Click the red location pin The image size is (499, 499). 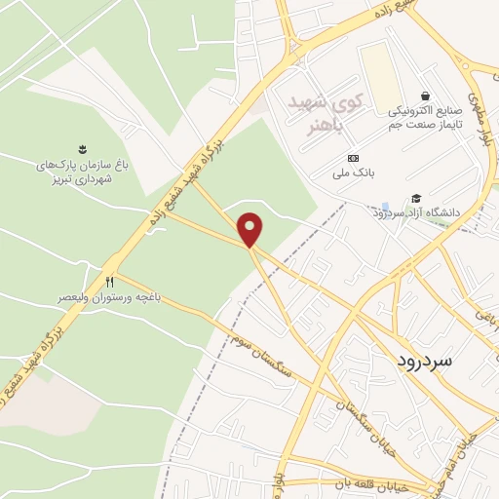tap(252, 229)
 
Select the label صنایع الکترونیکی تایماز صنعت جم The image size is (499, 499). tap(425, 115)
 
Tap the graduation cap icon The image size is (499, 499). tap(416, 199)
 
